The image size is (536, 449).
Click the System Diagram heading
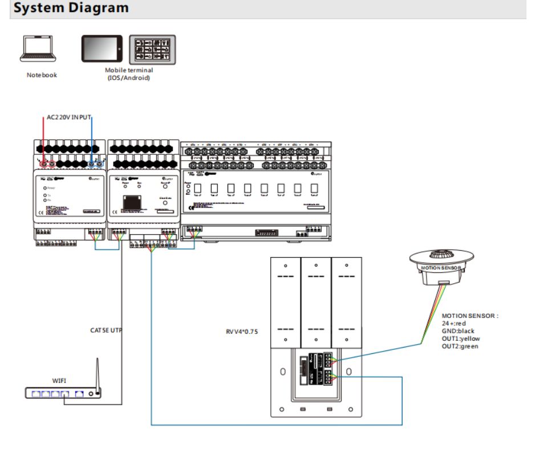tap(71, 9)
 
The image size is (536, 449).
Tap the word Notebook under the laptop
tap(42, 75)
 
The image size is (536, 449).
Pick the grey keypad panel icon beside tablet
tap(152, 50)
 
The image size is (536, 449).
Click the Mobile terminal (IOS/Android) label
tap(129, 74)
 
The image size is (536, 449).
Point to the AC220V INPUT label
tap(70, 117)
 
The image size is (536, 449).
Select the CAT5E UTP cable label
tap(107, 330)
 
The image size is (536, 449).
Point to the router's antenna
tap(98, 373)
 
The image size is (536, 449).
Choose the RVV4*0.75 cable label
tap(242, 330)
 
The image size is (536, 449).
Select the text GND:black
tap(458, 331)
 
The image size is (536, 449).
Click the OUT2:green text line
tap(460, 346)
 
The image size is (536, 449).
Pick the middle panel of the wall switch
tap(316, 302)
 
